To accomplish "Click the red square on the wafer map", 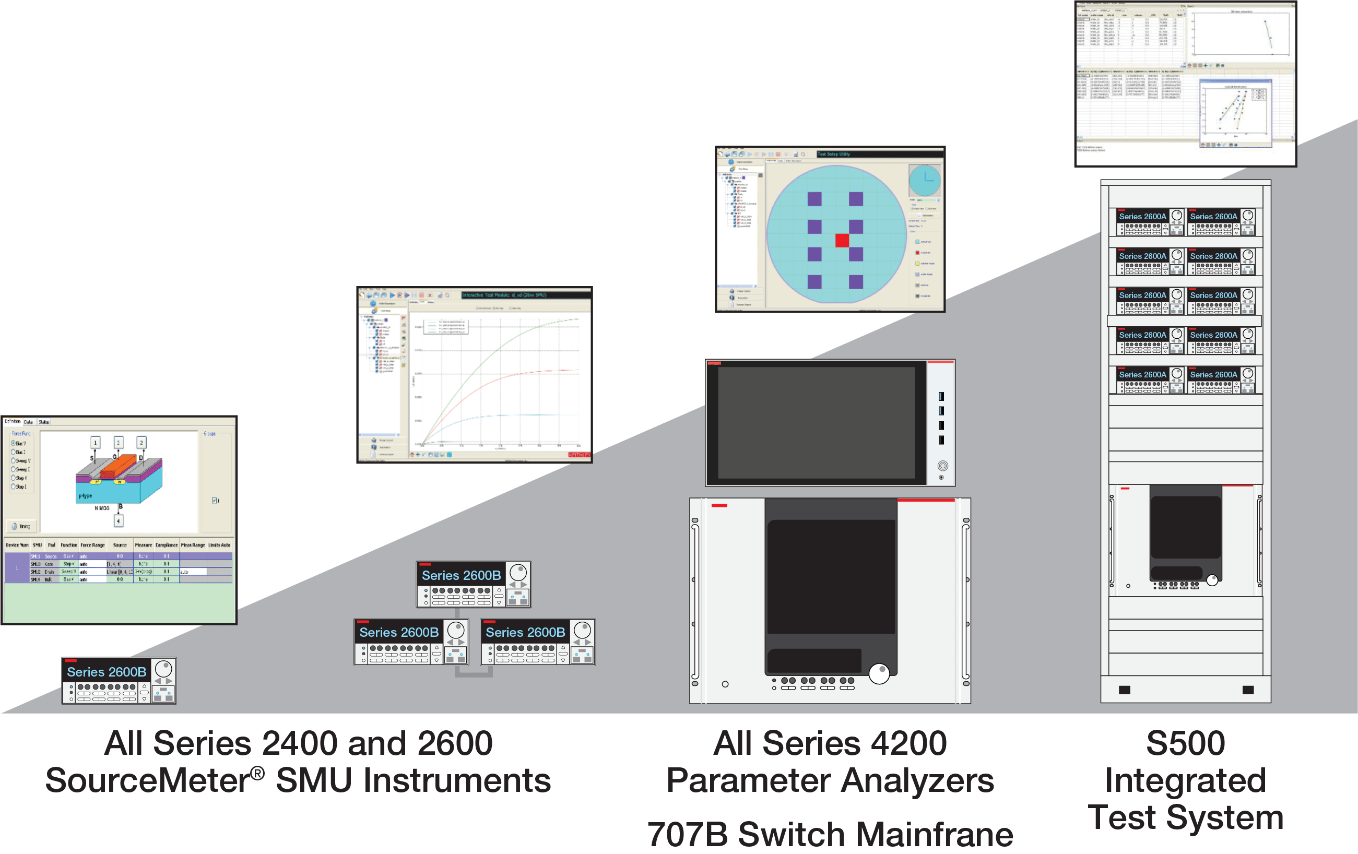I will coord(842,240).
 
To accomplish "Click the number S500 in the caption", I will coord(1185,743).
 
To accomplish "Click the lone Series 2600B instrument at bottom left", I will coord(119,681).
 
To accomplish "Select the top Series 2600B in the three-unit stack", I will coord(473,584).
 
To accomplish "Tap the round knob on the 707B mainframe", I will coord(879,673).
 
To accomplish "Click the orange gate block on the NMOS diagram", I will coord(118,465).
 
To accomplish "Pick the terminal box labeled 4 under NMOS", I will coord(119,521).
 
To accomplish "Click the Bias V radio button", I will coord(14,443).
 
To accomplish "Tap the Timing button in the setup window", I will coord(21,527).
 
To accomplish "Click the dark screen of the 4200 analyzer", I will coord(816,423).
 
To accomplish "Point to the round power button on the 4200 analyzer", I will coord(942,466).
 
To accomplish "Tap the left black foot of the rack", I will coord(1125,690).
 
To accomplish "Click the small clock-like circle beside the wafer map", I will coord(925,181).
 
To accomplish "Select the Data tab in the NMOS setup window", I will coord(28,422).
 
